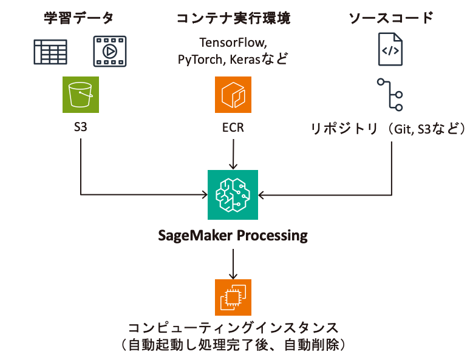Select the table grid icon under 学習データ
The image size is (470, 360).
50,52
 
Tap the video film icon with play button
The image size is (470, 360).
109,52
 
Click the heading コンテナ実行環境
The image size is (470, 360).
233,18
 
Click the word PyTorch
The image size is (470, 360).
200,59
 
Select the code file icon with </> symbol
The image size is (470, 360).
390,52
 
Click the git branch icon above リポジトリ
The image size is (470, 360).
390,95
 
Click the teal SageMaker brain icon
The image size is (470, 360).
233,195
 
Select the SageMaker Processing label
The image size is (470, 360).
233,235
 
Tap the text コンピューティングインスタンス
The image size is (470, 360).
233,328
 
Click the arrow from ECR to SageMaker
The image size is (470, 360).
233,155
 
